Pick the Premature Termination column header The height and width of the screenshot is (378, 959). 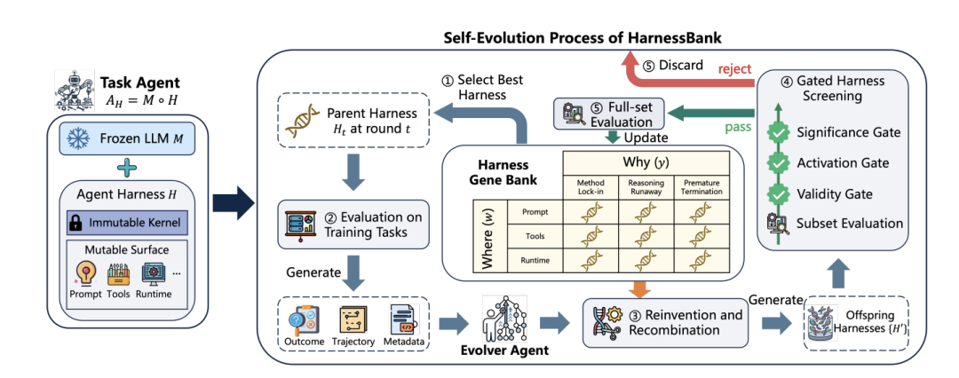point(701,187)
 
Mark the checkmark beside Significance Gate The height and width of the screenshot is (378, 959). point(776,132)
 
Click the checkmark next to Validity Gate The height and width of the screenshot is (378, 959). point(776,194)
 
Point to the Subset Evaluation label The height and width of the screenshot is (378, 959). point(850,224)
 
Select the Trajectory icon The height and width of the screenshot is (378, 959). point(353,320)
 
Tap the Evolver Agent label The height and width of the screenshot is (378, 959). point(505,350)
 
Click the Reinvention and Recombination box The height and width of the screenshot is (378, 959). point(665,323)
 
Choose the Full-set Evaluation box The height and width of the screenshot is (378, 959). point(608,114)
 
